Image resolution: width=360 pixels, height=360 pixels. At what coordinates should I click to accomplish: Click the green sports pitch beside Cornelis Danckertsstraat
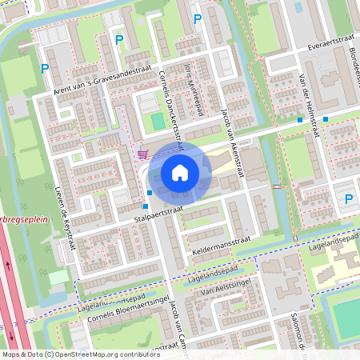[158, 122]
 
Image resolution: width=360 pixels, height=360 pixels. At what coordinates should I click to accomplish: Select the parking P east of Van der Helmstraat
[348, 198]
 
